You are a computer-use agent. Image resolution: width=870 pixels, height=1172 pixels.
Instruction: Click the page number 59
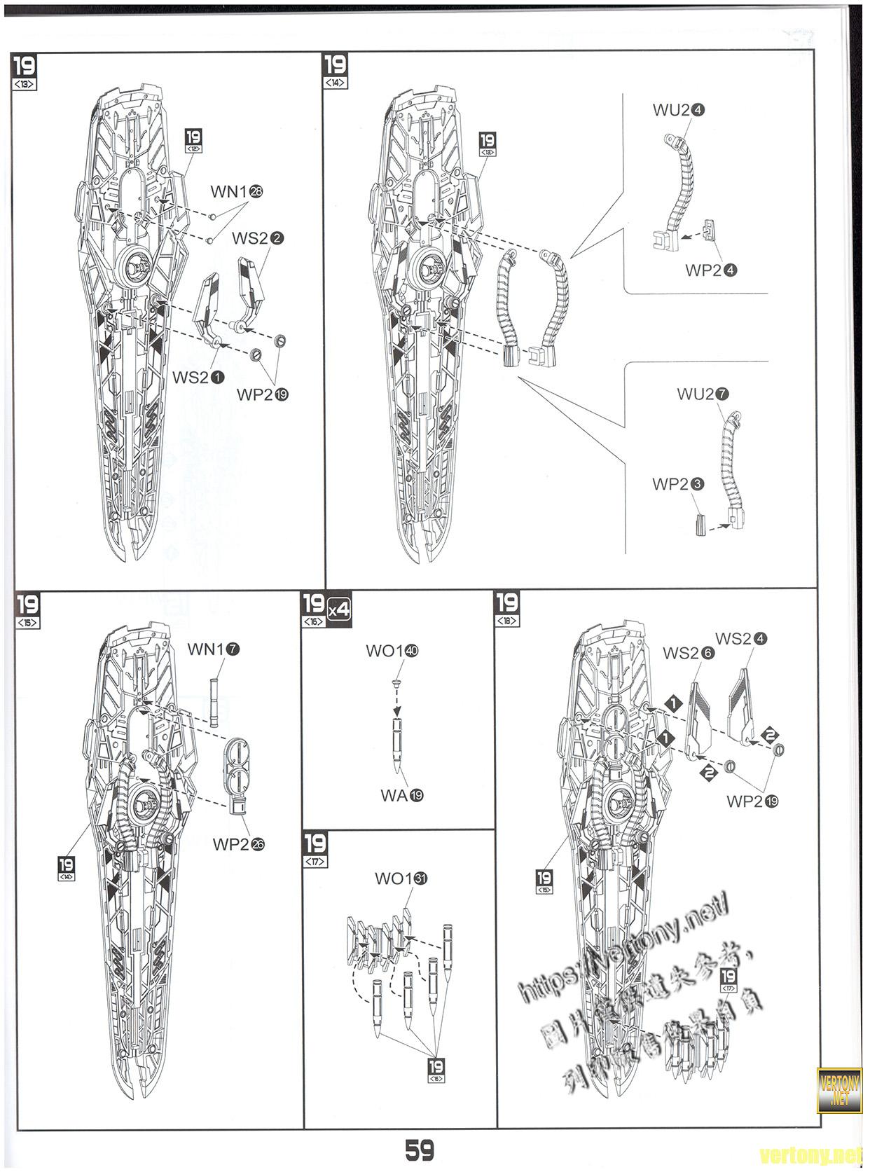point(419,1150)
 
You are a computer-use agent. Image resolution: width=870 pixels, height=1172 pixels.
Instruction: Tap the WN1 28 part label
point(237,192)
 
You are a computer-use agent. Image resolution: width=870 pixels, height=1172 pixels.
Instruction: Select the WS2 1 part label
point(199,378)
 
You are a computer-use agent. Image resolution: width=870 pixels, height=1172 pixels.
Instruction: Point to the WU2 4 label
point(678,110)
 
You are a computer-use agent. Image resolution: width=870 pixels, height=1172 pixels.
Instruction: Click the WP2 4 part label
point(712,270)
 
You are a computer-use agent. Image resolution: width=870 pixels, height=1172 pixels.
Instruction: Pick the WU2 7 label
point(703,394)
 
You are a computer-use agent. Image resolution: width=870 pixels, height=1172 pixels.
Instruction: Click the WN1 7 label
point(213,649)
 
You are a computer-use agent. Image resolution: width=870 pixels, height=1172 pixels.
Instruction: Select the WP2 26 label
point(239,844)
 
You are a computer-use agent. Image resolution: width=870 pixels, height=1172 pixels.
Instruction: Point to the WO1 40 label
point(392,651)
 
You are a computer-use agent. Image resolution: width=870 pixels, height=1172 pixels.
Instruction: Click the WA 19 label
point(402,795)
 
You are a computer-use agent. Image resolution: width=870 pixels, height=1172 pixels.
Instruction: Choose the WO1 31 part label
point(401,878)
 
